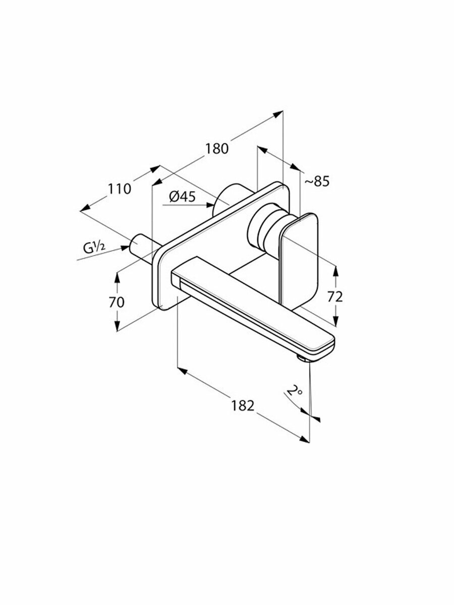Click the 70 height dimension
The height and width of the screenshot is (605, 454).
117,302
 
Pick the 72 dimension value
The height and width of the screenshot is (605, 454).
335,297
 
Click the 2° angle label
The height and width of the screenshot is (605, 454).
294,391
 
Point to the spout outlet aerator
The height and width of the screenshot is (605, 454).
303,358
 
